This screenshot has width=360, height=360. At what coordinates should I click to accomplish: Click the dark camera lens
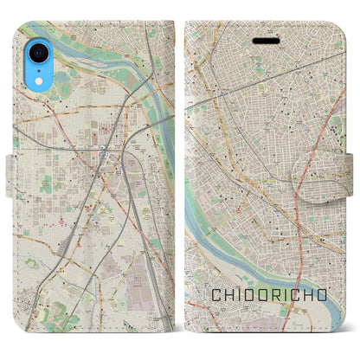coord(36,52)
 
